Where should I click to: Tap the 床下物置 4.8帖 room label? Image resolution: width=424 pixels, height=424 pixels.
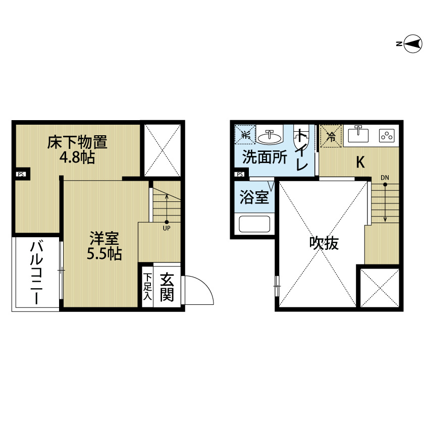click(x=77, y=149)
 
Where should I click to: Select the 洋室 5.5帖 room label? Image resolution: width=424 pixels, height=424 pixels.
click(x=104, y=246)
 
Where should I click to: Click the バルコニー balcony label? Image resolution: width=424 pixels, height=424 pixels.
click(x=36, y=274)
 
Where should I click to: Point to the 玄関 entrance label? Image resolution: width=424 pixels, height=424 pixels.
click(x=167, y=287)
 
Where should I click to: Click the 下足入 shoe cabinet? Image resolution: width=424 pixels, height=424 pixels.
click(x=147, y=287)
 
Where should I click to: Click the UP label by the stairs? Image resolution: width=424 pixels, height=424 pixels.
click(x=167, y=228)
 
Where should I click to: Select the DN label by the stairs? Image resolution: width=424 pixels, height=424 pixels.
click(x=385, y=178)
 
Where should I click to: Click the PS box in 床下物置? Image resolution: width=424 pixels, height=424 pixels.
click(x=21, y=174)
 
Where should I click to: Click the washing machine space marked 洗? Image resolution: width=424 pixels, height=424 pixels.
click(x=245, y=134)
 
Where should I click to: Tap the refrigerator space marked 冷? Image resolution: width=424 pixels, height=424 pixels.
click(x=331, y=136)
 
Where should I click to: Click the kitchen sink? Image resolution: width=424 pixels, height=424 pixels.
click(x=358, y=134)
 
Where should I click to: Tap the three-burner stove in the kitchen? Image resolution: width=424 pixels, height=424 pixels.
click(x=387, y=135)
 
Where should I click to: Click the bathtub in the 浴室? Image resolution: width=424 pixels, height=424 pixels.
click(x=254, y=224)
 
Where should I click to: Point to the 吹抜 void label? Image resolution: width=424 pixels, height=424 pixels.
click(x=324, y=243)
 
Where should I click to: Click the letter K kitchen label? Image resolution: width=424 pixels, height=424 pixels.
click(x=360, y=162)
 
